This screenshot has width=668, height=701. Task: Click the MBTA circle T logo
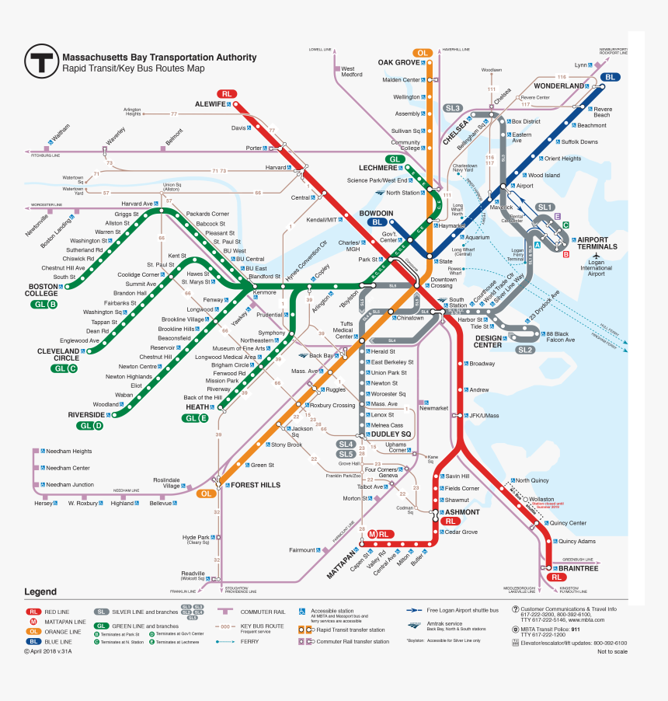[x=40, y=61]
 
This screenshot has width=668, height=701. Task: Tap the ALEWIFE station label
[x=210, y=103]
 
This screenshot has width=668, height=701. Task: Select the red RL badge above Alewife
[x=227, y=93]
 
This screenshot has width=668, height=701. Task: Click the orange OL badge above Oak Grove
[x=423, y=53]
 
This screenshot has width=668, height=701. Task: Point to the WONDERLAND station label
[x=558, y=85]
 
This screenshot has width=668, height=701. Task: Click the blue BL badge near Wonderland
[x=610, y=77]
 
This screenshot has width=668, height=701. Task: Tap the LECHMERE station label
[x=378, y=168]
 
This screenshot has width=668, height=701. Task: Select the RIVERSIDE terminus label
[x=85, y=415]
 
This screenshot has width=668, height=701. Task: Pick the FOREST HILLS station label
[x=252, y=484]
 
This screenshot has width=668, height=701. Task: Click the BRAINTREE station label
[x=579, y=568]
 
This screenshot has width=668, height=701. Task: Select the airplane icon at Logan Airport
[x=597, y=256]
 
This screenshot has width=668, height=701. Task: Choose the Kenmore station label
[x=264, y=293]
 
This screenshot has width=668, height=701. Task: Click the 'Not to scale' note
[x=612, y=651]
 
